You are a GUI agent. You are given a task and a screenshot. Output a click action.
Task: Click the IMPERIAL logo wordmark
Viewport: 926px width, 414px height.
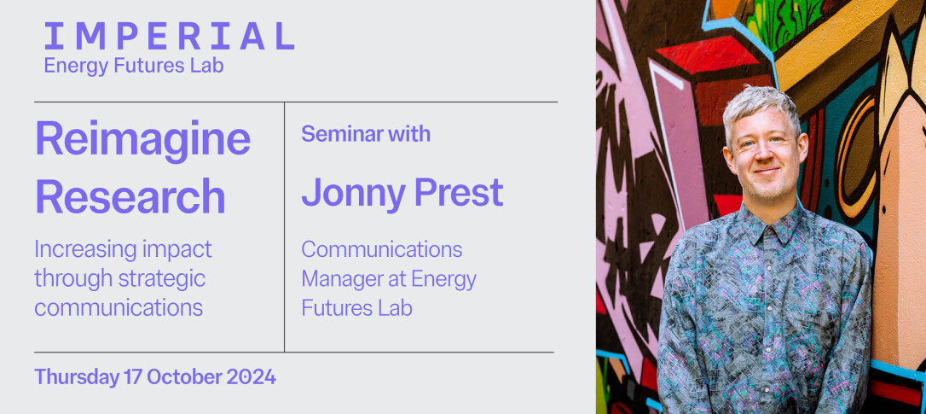[169, 36]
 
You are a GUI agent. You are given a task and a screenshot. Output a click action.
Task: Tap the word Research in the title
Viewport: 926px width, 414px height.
[130, 196]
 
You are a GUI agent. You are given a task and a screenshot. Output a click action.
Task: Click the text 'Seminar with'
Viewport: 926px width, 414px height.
[366, 134]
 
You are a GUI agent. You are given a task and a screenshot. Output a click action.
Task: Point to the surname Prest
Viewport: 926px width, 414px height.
[458, 191]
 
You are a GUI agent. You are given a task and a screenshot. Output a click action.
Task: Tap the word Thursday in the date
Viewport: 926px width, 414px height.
[78, 377]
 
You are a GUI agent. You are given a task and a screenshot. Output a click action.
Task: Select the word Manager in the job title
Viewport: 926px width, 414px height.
[341, 279]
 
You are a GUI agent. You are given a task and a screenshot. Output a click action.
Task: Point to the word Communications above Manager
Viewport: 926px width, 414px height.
[381, 249]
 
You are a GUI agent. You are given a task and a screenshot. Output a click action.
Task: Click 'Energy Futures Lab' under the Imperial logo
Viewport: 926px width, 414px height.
[134, 66]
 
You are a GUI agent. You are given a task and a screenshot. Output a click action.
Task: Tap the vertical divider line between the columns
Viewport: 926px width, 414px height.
[284, 227]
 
